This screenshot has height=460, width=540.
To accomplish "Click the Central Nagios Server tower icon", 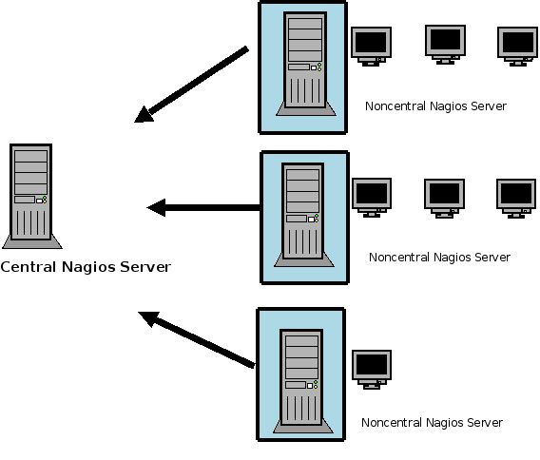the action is (31, 196).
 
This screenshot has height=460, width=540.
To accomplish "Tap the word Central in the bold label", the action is (29, 267).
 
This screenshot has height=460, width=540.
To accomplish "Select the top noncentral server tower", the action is (305, 64).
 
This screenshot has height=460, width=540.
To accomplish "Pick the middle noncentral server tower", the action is (303, 215).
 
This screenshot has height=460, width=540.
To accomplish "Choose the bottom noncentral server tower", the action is (302, 381).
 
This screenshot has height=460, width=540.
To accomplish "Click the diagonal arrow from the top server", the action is (191, 84).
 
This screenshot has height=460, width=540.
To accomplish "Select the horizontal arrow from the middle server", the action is (203, 207).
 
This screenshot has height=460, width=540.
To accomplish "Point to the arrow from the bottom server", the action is (196, 340).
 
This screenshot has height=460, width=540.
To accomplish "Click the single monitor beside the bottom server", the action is (372, 370).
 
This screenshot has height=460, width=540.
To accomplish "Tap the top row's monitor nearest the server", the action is (371, 47).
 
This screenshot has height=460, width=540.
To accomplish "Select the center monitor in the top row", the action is (445, 45).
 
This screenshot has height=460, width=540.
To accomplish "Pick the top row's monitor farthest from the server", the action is (517, 47).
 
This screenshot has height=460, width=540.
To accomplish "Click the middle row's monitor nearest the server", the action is (372, 198).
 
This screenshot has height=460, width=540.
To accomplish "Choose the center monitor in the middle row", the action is (444, 199).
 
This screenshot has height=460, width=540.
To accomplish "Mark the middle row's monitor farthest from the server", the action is (516, 199).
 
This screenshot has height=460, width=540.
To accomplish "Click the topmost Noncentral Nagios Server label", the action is (435, 106).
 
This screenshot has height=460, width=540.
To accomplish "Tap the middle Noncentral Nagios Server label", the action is (439, 258).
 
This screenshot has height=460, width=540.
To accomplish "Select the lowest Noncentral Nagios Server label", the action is (432, 423).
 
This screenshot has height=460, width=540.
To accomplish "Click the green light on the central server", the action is (45, 198).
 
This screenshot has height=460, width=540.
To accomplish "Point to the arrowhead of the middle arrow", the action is (156, 207).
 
